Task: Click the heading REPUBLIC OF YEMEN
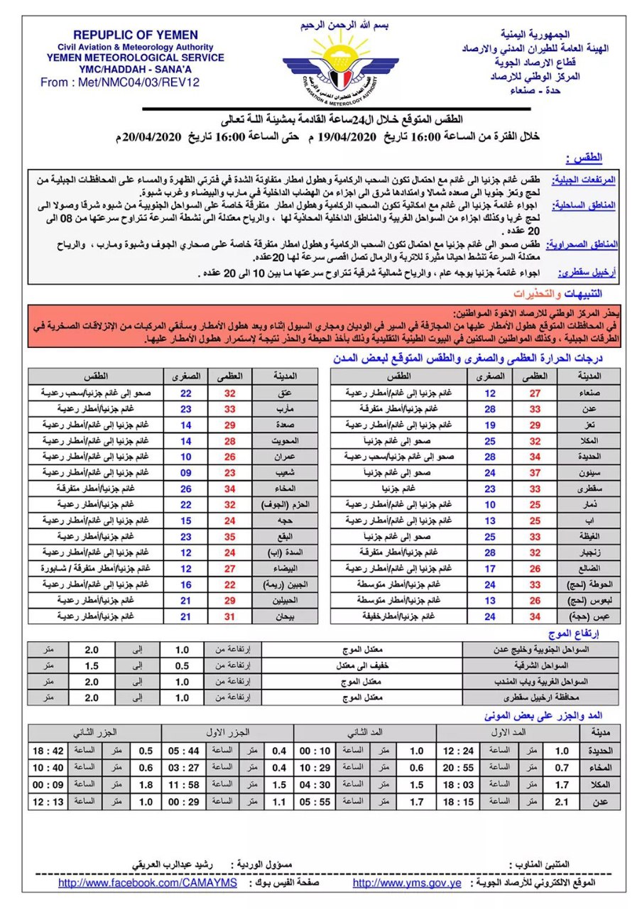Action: click(x=136, y=35)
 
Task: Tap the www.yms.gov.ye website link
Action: click(x=407, y=883)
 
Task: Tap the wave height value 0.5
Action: click(x=183, y=666)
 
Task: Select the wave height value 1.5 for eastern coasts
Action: click(x=92, y=666)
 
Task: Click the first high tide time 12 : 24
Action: click(x=459, y=751)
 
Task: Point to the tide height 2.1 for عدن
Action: click(x=561, y=802)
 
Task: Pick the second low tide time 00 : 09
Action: click(x=49, y=785)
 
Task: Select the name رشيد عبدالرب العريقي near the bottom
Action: click(x=170, y=864)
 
